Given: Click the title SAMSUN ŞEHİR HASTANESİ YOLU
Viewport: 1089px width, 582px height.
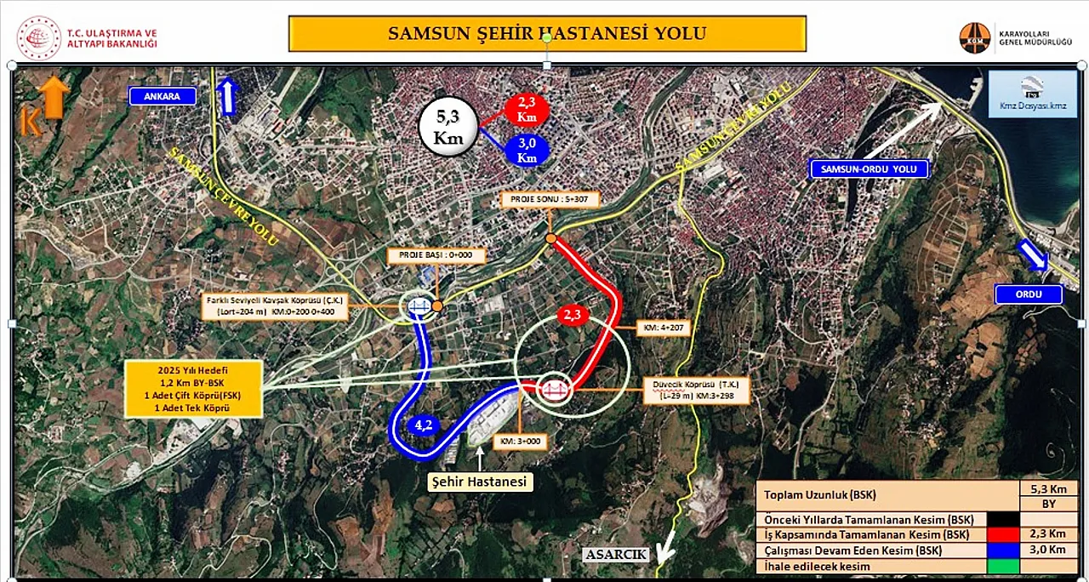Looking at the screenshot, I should pos(547,34).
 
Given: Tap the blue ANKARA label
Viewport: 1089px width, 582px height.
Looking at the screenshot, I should pos(162,96).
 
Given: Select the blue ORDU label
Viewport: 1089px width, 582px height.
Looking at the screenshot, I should pos(1029,295).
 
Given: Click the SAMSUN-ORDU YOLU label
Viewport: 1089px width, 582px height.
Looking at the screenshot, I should pos(869,169).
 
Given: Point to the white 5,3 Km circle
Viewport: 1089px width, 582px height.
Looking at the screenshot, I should pos(448,126).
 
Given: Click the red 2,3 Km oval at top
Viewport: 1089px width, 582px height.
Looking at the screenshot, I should pos(527,110).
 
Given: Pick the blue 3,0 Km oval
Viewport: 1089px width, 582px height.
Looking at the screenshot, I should pos(527,151).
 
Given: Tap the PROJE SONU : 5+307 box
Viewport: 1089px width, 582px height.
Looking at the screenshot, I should pos(550,200).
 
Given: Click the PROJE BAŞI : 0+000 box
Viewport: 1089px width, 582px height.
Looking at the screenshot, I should pos(436,255).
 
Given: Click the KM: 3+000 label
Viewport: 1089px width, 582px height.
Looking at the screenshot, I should pos(519,442).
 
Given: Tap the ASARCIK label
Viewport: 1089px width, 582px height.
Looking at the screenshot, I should pos(616,555).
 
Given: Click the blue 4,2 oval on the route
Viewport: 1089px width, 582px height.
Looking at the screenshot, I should pos(425,425).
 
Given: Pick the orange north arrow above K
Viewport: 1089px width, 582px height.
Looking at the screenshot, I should pos(54,95).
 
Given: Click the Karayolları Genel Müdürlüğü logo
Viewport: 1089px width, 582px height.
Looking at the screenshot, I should pos(974,37).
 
